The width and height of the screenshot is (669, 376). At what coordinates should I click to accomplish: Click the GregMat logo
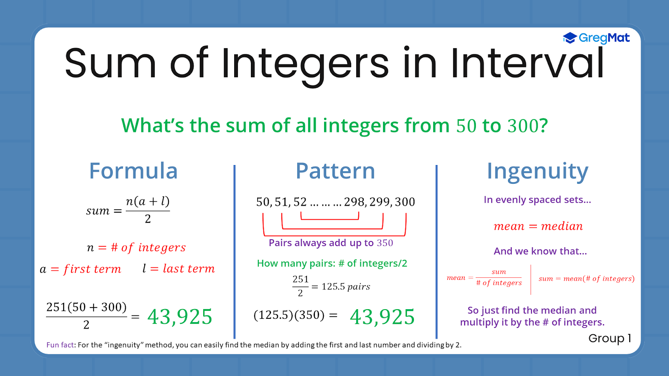pyautogui.click(x=596, y=38)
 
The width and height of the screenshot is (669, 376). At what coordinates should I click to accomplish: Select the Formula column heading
pyautogui.click(x=133, y=171)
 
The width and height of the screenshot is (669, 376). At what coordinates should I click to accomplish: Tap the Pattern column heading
pyautogui.click(x=335, y=171)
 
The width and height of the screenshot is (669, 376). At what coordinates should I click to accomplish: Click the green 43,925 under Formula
pyautogui.click(x=180, y=317)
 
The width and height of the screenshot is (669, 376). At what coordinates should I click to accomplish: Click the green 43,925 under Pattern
pyautogui.click(x=382, y=317)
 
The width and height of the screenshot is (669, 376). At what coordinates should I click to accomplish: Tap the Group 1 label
pyautogui.click(x=610, y=338)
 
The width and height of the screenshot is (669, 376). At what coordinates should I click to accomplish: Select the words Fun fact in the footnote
pyautogui.click(x=60, y=345)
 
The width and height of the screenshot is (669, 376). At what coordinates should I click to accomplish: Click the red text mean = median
pyautogui.click(x=538, y=226)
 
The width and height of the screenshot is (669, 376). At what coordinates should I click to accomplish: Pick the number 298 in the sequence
pyautogui.click(x=354, y=202)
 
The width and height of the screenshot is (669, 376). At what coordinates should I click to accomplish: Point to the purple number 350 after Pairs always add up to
pyautogui.click(x=385, y=243)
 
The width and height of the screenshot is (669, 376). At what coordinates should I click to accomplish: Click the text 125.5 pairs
pyautogui.click(x=345, y=287)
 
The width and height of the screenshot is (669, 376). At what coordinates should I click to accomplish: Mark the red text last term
pyautogui.click(x=189, y=269)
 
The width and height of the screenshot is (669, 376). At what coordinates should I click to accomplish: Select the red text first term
pyautogui.click(x=92, y=269)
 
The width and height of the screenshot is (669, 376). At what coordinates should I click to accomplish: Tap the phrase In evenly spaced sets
pyautogui.click(x=537, y=200)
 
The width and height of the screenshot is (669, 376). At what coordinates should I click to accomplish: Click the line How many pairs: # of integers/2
pyautogui.click(x=332, y=263)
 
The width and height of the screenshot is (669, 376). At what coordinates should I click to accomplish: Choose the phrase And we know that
pyautogui.click(x=540, y=251)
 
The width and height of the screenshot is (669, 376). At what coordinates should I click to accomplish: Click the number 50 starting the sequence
pyautogui.click(x=263, y=202)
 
